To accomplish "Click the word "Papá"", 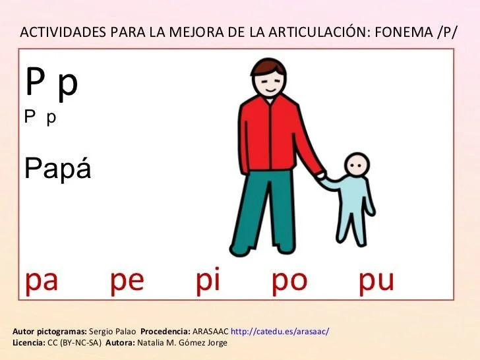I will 57,169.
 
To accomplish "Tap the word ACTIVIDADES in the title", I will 62,32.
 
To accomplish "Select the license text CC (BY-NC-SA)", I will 75,342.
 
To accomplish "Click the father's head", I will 267,76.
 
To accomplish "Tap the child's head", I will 357,165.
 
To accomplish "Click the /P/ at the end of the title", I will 447,32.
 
